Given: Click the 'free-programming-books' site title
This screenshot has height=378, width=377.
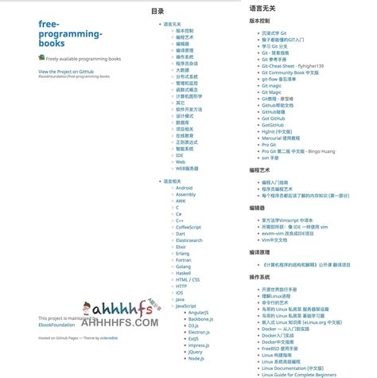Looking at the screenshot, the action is [x=70, y=33].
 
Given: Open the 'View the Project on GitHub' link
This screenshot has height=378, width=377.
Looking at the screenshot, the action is [x=71, y=72].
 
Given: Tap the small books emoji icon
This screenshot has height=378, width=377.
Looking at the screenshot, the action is [x=41, y=57].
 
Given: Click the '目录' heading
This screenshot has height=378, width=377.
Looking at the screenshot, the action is [x=157, y=12].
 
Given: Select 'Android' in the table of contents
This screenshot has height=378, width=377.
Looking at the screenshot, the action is [x=184, y=188].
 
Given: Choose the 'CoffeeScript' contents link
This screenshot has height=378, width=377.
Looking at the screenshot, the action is [x=188, y=227].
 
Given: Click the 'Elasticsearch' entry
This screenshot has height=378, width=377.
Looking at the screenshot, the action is [x=188, y=240].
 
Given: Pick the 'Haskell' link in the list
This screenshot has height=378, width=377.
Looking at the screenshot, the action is [x=183, y=273].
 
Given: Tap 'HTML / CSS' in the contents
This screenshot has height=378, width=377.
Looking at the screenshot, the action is [x=188, y=279].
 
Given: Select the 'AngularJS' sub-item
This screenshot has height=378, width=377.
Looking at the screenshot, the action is [x=198, y=312].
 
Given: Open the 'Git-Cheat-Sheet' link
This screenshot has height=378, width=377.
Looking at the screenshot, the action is [x=292, y=65].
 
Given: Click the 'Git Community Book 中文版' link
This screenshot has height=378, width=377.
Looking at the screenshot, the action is [x=290, y=72].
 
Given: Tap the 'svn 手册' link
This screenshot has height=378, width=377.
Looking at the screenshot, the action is [x=270, y=158].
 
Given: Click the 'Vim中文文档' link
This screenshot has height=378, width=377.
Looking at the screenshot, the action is [x=274, y=240].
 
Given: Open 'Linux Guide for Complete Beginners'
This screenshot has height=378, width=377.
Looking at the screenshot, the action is [x=299, y=374].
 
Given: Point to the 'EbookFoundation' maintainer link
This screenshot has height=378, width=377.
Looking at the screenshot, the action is [x=57, y=324].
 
